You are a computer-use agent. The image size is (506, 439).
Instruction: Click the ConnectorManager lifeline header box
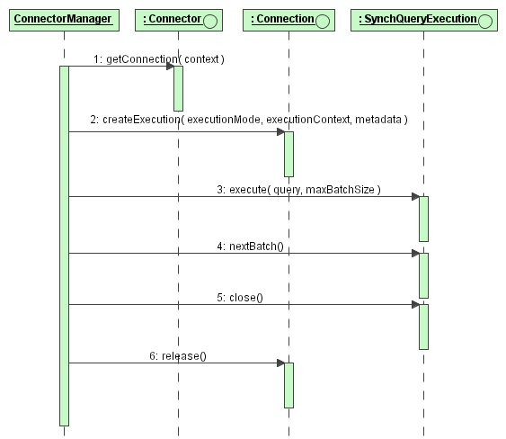coord(64,20)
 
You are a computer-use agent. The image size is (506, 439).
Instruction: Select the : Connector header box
coord(179,20)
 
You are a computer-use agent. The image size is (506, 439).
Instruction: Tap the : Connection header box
coord(289,20)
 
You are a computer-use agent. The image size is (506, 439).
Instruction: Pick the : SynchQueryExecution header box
coord(424,20)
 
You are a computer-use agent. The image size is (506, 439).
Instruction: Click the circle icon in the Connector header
coord(210,22)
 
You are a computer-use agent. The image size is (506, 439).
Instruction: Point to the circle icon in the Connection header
coord(323,22)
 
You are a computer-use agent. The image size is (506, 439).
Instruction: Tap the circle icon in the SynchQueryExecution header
coord(485,22)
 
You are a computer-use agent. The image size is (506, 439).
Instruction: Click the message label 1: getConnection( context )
coord(159,59)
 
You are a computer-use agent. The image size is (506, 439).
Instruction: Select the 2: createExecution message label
coord(249,120)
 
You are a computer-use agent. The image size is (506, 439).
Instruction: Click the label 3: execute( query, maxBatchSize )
coord(298,189)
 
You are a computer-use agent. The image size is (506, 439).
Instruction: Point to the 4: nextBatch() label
coord(251,246)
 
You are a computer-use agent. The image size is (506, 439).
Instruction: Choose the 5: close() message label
coord(240,297)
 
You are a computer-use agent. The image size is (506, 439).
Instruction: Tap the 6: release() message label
coord(178,355)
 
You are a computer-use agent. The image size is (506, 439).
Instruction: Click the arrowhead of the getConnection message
coord(171,67)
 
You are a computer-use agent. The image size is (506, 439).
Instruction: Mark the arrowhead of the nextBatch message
coord(415,254)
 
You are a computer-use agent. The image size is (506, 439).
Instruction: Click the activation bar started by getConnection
coord(179,88)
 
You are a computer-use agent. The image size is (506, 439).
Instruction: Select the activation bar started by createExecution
coord(289,154)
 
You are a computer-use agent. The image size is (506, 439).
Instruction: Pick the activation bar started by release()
coord(289,385)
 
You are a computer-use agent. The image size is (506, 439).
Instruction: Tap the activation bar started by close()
coord(423,327)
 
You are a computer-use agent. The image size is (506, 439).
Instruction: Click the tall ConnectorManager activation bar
coord(64,246)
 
